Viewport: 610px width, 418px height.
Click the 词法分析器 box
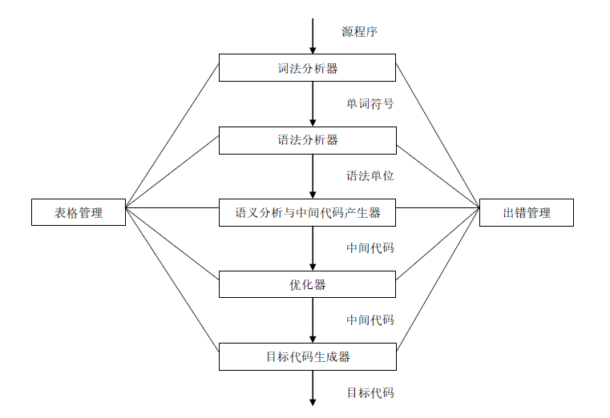click(307, 68)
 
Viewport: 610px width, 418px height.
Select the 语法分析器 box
click(307, 140)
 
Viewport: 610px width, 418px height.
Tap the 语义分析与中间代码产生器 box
click(307, 213)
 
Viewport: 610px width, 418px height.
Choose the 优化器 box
click(307, 284)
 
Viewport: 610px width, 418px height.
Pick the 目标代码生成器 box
click(307, 357)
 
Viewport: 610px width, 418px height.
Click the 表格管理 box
click(79, 213)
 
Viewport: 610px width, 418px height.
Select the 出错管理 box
click(526, 213)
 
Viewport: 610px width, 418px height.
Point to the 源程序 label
click(359, 32)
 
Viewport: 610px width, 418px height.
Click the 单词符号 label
click(370, 104)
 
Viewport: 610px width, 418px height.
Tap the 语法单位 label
click(370, 176)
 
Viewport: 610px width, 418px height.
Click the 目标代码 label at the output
click(370, 393)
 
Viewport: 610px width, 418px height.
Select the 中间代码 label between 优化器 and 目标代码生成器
click(370, 320)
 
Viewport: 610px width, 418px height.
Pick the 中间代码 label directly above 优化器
click(370, 248)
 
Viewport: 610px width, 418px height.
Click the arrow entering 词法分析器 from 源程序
click(313, 36)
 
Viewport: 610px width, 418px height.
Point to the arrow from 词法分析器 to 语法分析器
click(313, 104)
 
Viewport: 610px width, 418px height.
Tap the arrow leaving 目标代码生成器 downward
click(313, 388)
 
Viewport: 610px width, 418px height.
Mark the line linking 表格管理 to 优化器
click(172, 241)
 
